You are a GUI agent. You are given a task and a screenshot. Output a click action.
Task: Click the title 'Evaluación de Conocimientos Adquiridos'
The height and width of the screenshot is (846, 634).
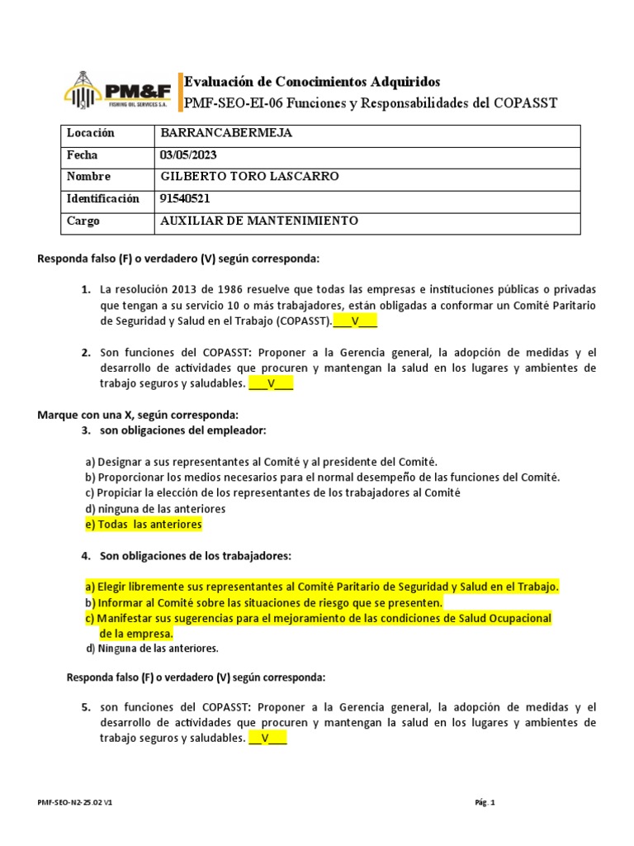(312, 81)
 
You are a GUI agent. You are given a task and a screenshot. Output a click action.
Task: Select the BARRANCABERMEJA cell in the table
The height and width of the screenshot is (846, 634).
(225, 134)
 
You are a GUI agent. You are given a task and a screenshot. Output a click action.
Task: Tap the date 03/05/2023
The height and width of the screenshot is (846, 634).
(189, 155)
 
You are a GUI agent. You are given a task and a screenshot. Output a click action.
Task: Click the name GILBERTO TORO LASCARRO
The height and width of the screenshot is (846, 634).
(248, 177)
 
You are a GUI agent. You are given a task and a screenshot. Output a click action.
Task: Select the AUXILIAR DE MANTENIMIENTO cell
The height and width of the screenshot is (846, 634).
(258, 221)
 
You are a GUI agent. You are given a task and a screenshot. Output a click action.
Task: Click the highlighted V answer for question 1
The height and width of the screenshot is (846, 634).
(355, 321)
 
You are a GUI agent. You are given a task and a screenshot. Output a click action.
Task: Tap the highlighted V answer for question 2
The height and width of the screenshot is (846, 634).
(271, 383)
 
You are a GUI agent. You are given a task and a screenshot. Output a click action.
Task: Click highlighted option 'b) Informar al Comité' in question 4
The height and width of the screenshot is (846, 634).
(263, 602)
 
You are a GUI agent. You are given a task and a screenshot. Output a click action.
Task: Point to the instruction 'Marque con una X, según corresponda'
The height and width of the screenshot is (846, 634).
(138, 414)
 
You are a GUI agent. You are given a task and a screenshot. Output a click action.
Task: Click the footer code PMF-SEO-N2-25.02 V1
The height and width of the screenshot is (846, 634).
(75, 802)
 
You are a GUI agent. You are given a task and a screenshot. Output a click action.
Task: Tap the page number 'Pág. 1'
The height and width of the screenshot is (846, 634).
(485, 802)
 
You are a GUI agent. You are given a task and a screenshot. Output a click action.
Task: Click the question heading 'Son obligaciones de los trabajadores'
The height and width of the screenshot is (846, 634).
(195, 555)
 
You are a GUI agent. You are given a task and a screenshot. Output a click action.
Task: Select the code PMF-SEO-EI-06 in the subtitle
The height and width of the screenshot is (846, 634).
(233, 103)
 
